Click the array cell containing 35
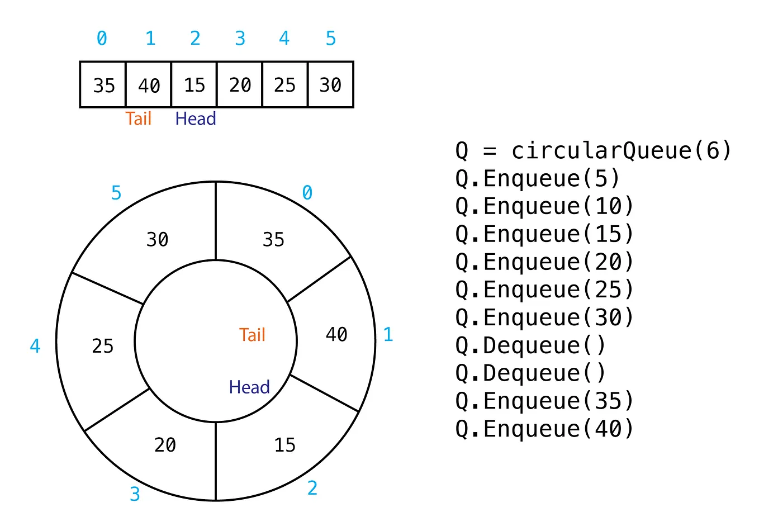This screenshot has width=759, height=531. coord(103,85)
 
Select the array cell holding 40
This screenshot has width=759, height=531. coord(149,85)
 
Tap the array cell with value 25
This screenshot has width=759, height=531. coord(284,85)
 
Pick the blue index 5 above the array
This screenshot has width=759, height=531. coord(331,39)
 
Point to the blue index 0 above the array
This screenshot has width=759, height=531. coord(102,39)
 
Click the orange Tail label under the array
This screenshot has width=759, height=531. coord(139,118)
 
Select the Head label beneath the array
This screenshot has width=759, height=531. coord(195,118)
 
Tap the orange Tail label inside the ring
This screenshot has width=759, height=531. coord(252,335)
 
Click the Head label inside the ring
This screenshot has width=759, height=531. coord(249,387)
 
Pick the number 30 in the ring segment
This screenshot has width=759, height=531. coord(157,239)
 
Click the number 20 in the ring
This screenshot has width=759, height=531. coord(165,445)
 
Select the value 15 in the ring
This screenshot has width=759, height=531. coord(284,445)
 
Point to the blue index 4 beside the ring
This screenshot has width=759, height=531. coord(35,346)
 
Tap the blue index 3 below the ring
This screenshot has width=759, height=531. coord(135,494)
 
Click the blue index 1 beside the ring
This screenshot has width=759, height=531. coord(388,335)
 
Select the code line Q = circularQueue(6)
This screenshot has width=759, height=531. coord(593,150)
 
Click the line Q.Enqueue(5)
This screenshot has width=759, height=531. coord(537,178)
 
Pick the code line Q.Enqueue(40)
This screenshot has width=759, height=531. coord(544,429)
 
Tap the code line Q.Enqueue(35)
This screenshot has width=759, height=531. coord(544,401)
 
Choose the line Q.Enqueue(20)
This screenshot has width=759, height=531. coord(544,262)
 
